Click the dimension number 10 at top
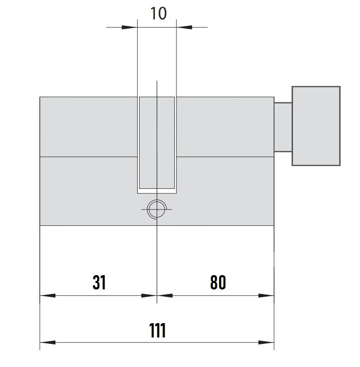(159, 13)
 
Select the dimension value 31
(99, 282)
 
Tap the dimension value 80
(218, 282)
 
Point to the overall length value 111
(158, 330)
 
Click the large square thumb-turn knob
(316, 126)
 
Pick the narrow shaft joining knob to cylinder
(283, 127)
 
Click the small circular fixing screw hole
(157, 209)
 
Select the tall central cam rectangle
(157, 143)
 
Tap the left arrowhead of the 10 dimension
(129, 27)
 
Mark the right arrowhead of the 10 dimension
(184, 27)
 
